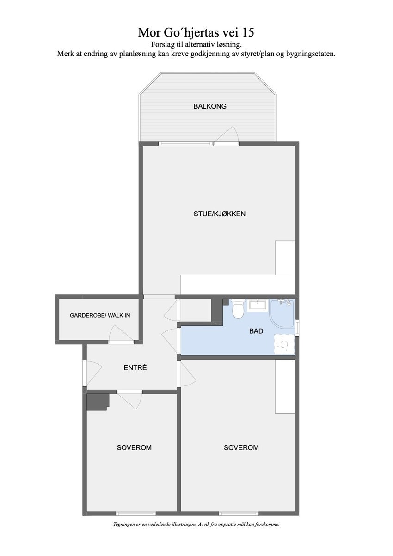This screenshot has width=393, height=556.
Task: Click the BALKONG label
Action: coord(209,106)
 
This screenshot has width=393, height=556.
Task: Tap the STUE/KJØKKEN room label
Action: coord(219,214)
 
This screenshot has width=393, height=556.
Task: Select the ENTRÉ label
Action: coord(135,368)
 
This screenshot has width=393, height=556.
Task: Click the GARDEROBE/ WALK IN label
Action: coord(100,316)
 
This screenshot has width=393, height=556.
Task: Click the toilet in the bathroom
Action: coord(238,309)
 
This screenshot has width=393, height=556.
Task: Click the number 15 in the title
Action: coord(247,33)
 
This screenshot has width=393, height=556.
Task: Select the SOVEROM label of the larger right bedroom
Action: coord(241,447)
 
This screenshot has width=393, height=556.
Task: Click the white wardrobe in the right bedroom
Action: coord(285,386)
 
